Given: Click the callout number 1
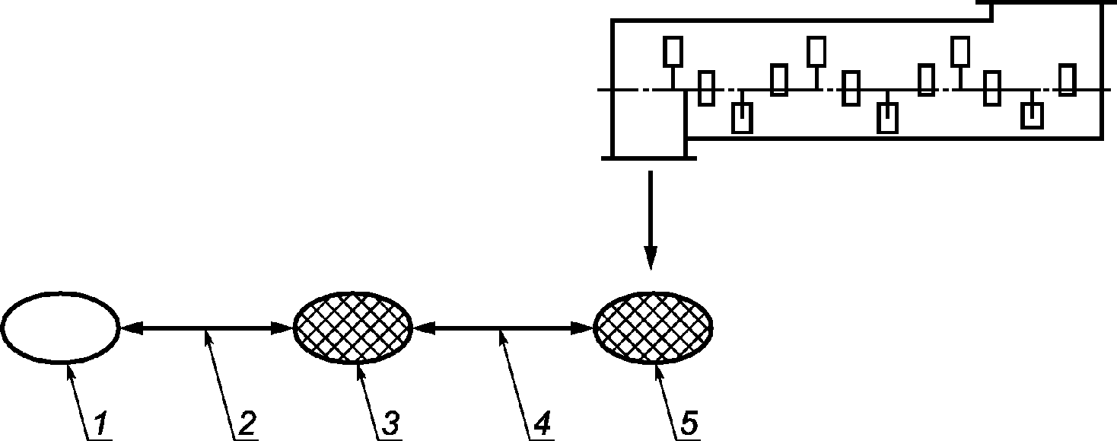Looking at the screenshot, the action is [x=100, y=423].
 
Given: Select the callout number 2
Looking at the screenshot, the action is [x=247, y=423].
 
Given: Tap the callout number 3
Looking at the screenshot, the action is [x=390, y=423].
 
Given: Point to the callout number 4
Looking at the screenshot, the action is [x=542, y=423].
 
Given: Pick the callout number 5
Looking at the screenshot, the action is [x=689, y=423].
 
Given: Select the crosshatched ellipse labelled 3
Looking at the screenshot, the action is [x=352, y=328].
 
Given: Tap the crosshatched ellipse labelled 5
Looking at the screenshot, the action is [x=653, y=328].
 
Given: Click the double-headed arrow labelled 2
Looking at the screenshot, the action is [x=206, y=328].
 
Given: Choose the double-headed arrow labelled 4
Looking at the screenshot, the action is [x=503, y=328].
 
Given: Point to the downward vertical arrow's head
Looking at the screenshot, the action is [x=651, y=257].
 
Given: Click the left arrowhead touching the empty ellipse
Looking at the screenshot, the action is [x=131, y=328].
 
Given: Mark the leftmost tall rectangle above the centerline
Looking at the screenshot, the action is [x=673, y=52].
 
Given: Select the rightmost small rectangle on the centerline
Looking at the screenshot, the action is [x=1067, y=79].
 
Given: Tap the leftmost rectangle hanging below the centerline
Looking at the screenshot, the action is [x=742, y=118].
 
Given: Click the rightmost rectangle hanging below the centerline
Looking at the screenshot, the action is [x=1032, y=115].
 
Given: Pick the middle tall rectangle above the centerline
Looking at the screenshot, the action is [x=816, y=52].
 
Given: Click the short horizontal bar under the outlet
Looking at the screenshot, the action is [x=649, y=158].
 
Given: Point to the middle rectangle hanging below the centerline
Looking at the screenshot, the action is [x=888, y=118].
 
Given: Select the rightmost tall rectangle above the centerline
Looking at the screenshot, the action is [x=960, y=52].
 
